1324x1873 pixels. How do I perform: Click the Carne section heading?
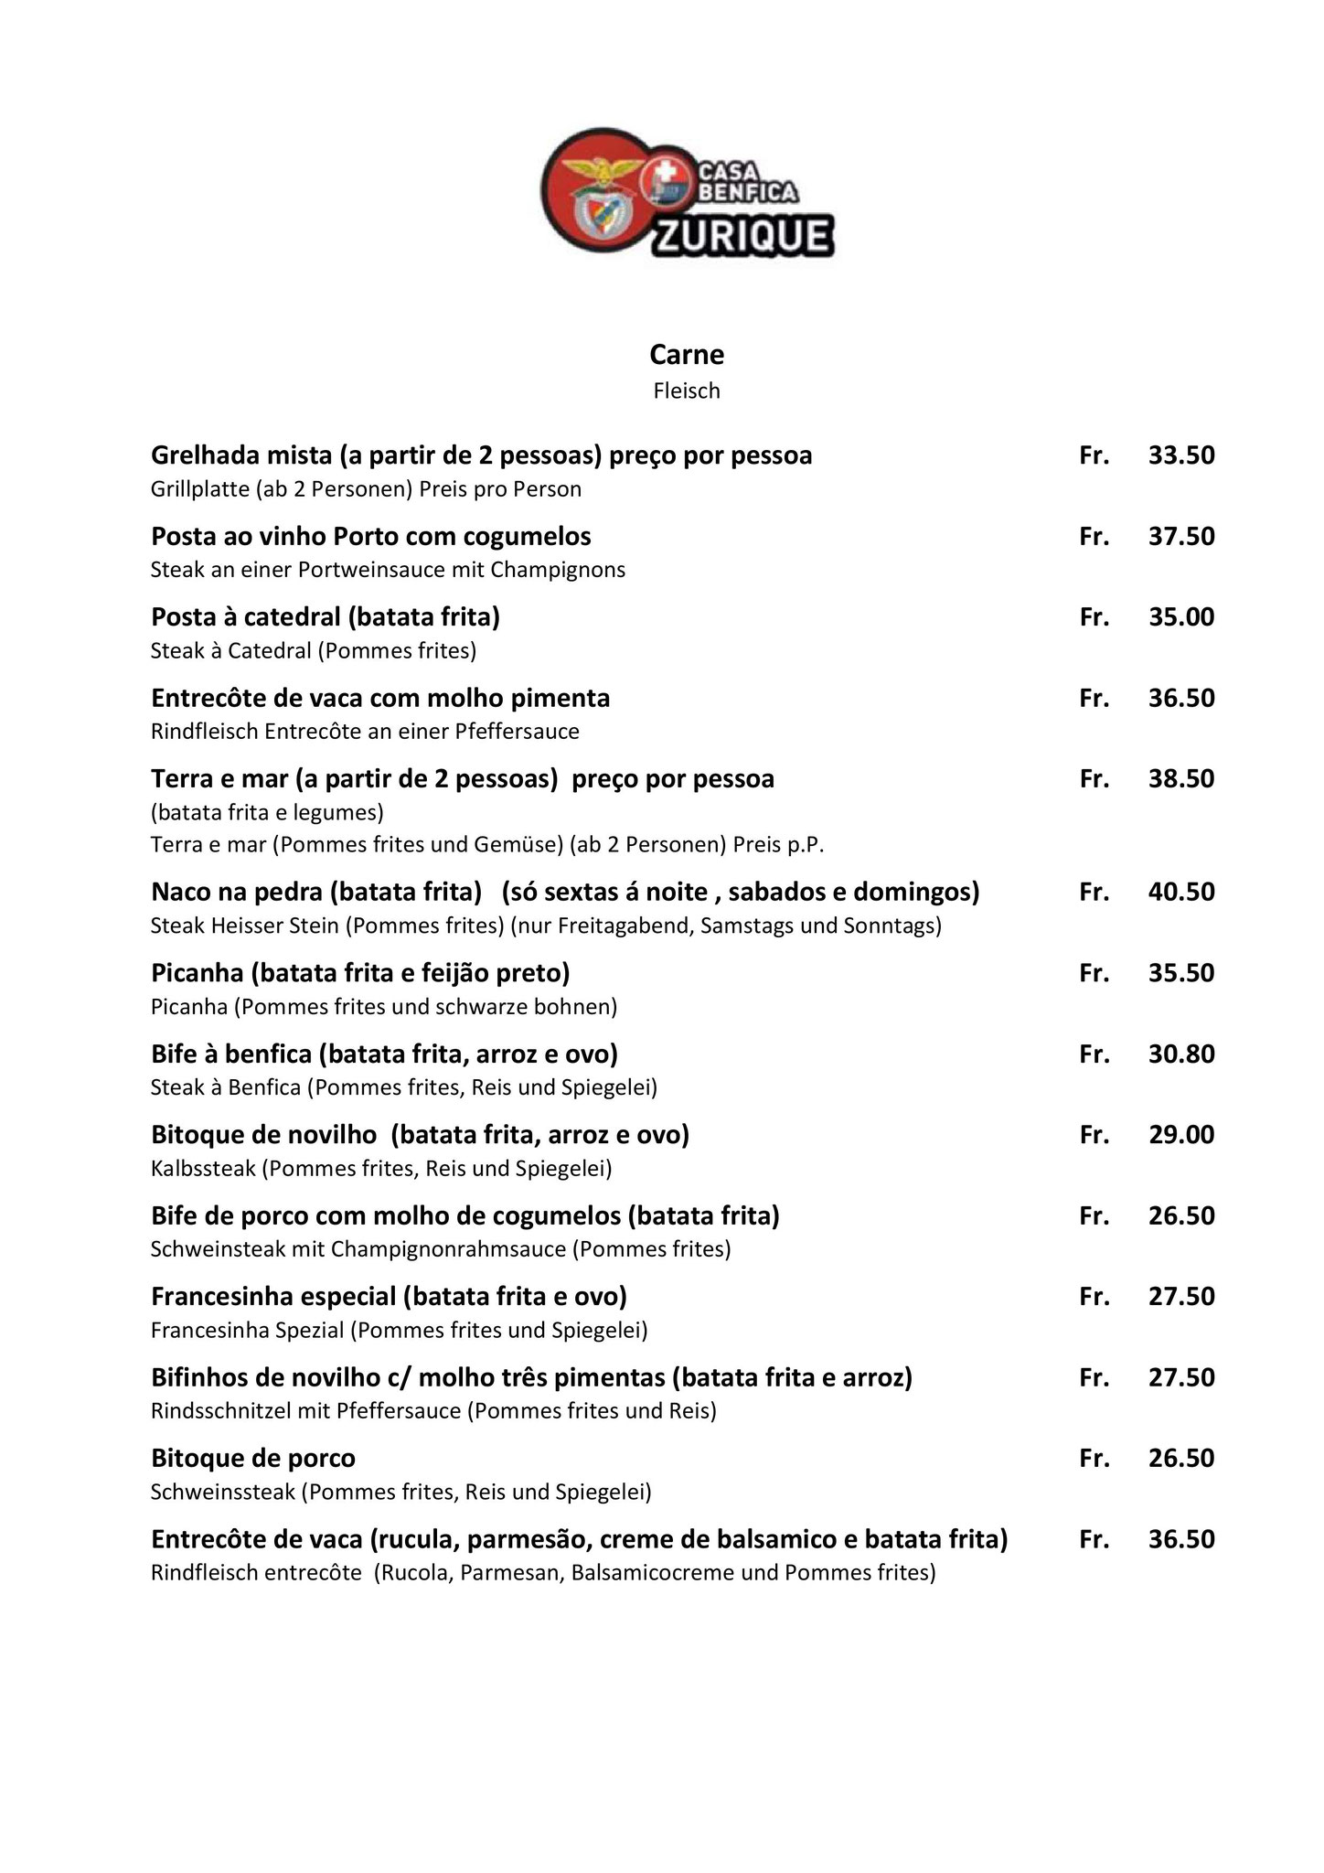[x=686, y=354]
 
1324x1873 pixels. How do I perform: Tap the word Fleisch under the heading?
[x=686, y=391]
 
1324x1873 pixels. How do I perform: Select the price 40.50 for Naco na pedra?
[x=1181, y=892]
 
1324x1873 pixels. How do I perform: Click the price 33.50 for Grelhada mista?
[x=1181, y=455]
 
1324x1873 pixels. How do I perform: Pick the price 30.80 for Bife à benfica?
[x=1181, y=1054]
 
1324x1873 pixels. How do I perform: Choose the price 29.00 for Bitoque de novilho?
[x=1181, y=1135]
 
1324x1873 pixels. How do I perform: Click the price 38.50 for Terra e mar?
[x=1181, y=779]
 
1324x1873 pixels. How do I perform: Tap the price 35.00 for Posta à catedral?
[x=1181, y=617]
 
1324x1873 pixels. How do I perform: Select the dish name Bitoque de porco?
[x=253, y=1458]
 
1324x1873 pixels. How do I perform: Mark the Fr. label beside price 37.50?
[x=1094, y=537]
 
